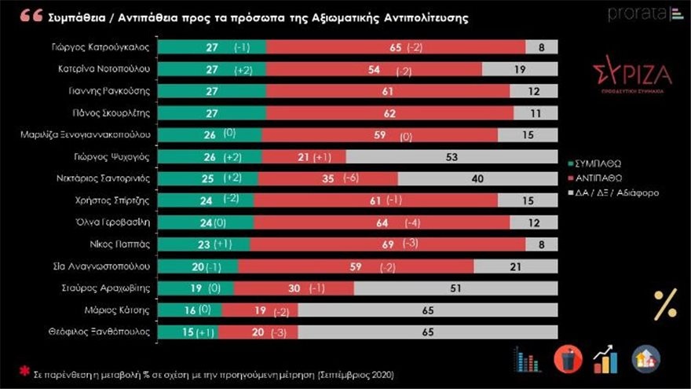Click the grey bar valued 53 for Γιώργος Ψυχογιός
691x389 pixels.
pyautogui.click(x=452, y=157)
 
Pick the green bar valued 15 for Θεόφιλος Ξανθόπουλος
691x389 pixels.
pyautogui.click(x=188, y=332)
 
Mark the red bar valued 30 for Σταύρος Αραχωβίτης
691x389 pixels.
pyautogui.click(x=294, y=288)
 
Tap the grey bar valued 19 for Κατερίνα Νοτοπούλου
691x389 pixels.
pyautogui.click(x=520, y=70)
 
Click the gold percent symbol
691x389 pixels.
pyautogui.click(x=665, y=305)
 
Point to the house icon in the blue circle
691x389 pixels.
pyautogui.click(x=645, y=359)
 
